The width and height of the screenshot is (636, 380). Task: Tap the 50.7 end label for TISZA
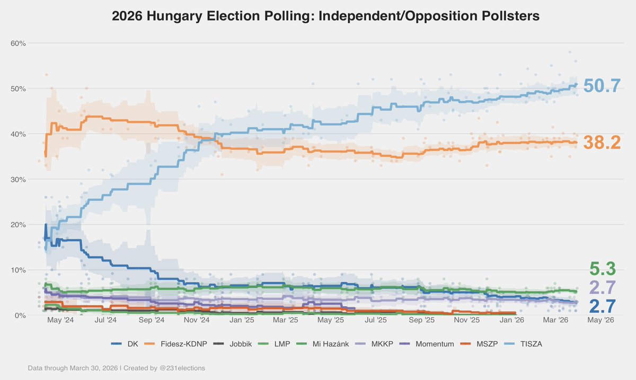602,86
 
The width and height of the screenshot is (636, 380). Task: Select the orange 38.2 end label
602,143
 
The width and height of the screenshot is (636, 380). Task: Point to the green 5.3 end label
603,269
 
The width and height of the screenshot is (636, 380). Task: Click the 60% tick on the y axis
19,43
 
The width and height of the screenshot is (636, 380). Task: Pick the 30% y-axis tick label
19,179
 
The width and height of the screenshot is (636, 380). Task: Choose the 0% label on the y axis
20,315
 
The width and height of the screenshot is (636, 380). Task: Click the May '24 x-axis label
60,320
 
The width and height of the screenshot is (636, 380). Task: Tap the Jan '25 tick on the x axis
243,320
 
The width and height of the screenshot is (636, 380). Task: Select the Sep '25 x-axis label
422,320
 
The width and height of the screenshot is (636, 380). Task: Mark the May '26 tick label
602,320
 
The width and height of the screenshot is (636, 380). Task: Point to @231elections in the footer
179,368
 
